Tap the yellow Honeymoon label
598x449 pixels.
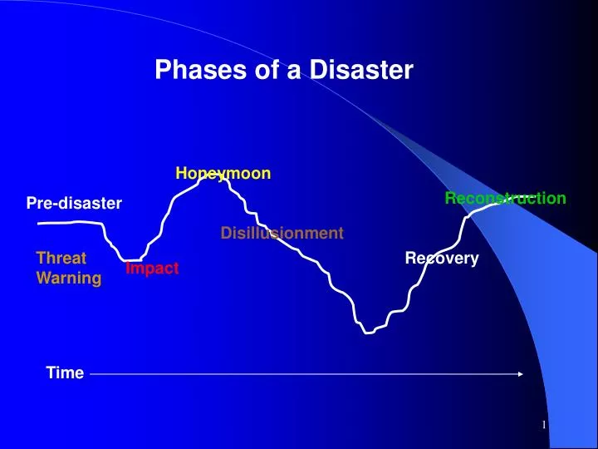pyautogui.click(x=223, y=173)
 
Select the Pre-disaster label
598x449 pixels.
pyautogui.click(x=74, y=203)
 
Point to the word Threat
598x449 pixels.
pyautogui.click(x=61, y=259)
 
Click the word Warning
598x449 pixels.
pyautogui.click(x=69, y=278)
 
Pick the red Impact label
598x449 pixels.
pyautogui.click(x=152, y=268)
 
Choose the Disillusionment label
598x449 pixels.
pyautogui.click(x=282, y=234)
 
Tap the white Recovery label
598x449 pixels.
pyautogui.click(x=442, y=259)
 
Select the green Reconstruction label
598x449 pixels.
pyautogui.click(x=505, y=198)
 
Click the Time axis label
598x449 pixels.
pyautogui.click(x=65, y=373)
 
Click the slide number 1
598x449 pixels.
pyautogui.click(x=544, y=426)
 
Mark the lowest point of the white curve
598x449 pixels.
pyautogui.click(x=366, y=332)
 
